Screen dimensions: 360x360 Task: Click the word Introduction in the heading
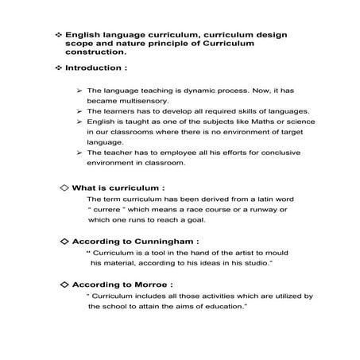[x=97, y=69]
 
